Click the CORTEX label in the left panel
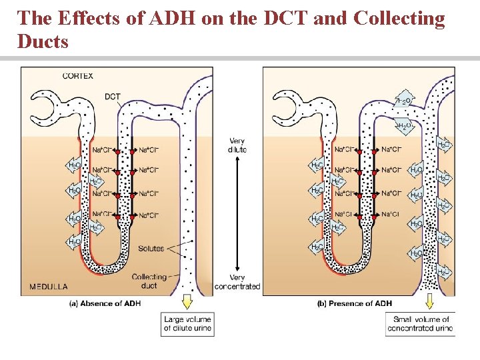coord(78,75)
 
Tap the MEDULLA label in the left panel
coord(48,287)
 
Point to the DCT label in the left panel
coord(113,96)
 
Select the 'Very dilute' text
coord(237,145)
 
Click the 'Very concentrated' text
coord(237,282)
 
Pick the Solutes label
coord(151,249)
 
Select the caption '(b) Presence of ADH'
coord(354,303)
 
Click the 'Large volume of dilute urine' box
coord(187,323)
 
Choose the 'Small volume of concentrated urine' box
coord(420,323)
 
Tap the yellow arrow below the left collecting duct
coord(187,303)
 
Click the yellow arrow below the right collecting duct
coord(429,303)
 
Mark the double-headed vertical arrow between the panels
coord(238,214)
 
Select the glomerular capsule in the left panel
coord(46,106)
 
